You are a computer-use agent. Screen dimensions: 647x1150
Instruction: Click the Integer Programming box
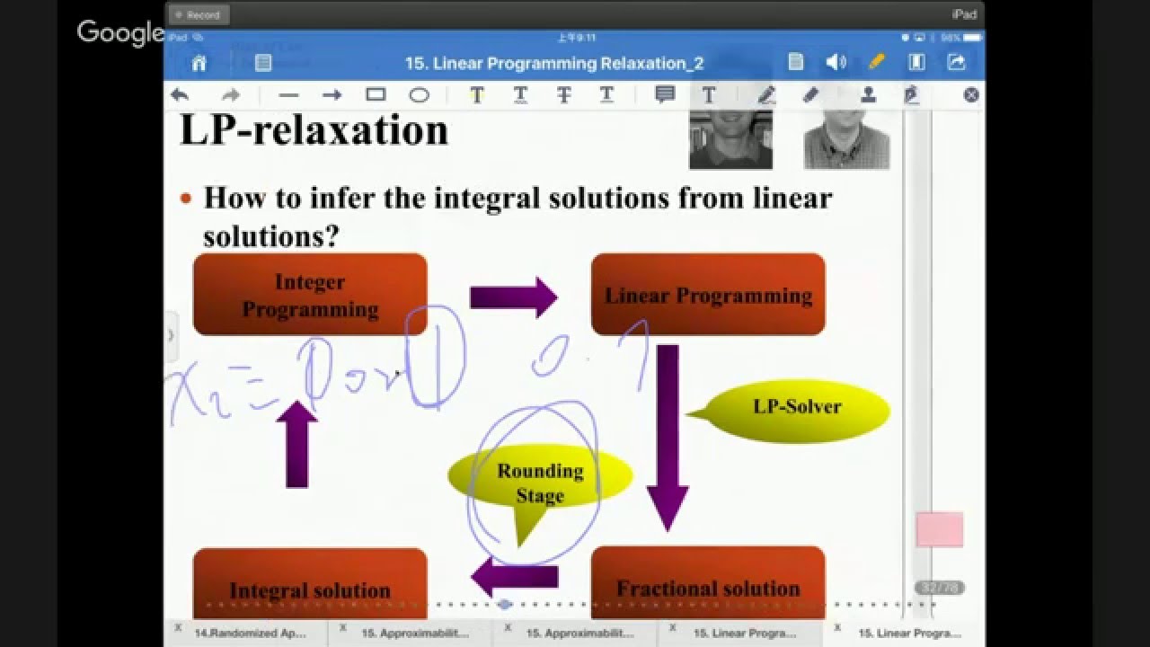coord(310,295)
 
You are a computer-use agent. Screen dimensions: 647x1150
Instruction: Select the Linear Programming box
coord(708,295)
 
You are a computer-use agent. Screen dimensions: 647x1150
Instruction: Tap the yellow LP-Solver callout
coord(798,409)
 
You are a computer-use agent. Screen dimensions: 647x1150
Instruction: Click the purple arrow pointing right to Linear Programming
coord(513,297)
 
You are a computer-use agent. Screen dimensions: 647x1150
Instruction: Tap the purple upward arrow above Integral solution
coord(296,445)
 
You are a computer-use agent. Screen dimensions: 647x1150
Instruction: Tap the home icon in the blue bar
coord(199,62)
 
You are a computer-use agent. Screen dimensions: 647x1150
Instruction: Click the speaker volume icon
coord(836,62)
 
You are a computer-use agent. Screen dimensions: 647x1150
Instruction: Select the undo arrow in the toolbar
coord(180,94)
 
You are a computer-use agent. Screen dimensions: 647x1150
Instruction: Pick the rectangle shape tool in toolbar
coord(376,94)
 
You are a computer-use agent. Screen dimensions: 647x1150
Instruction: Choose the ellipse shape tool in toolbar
coord(419,94)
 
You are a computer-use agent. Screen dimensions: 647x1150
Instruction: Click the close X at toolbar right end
coord(970,94)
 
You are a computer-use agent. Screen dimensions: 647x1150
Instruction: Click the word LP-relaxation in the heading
coord(314,131)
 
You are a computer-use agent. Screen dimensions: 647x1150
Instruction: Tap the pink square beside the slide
coord(940,530)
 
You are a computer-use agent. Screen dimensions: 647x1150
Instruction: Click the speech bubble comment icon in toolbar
coord(665,94)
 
